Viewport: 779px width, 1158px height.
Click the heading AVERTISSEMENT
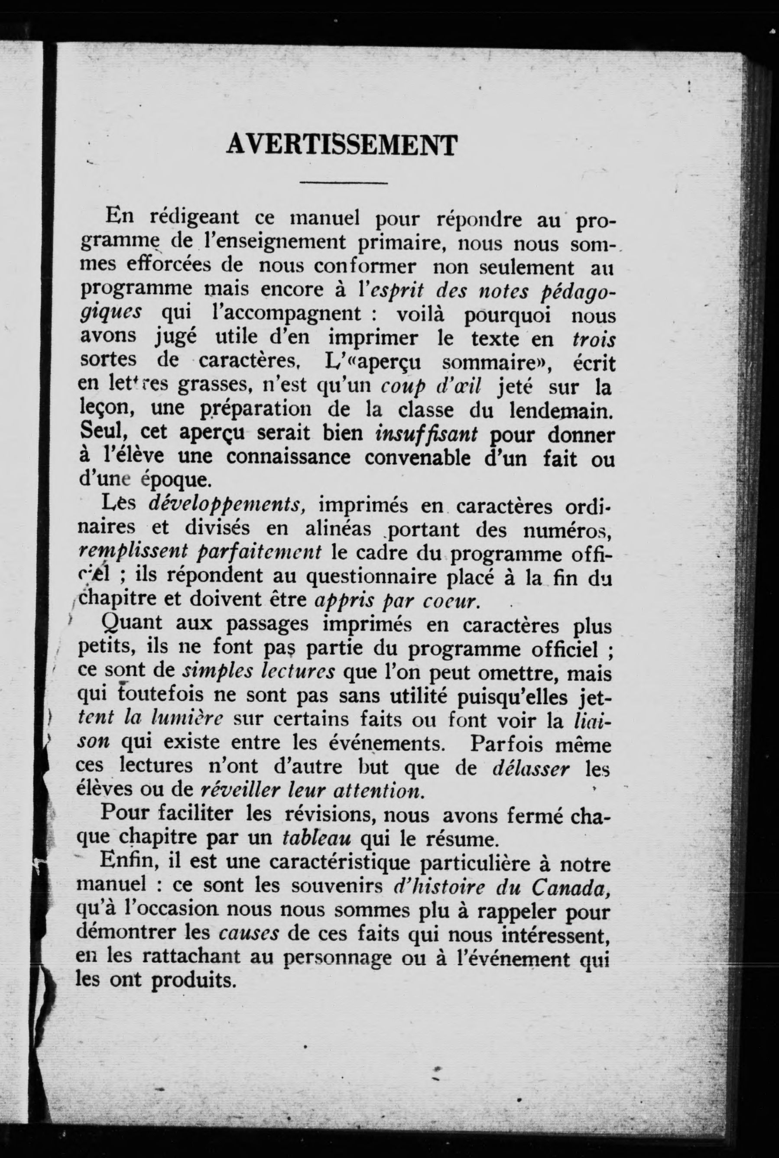(x=341, y=145)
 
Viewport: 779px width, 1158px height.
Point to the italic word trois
(x=594, y=340)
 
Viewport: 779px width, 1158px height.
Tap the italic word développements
(x=226, y=505)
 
